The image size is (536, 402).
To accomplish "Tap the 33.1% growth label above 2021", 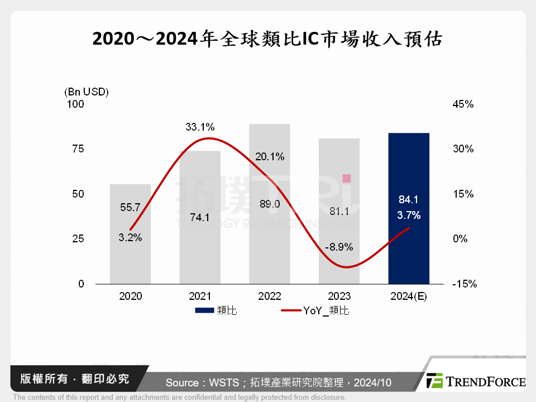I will tap(200, 127).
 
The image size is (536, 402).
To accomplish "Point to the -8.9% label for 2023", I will tap(339, 247).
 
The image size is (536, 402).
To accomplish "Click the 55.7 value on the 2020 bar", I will tap(130, 208).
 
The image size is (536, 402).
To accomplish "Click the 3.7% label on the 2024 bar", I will tap(408, 215).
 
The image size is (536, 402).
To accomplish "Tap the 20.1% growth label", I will tap(269, 157).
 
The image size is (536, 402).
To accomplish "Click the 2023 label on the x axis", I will tap(339, 296).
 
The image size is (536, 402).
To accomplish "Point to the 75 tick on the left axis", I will tap(78, 149).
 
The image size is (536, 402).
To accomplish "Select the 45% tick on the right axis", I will tap(462, 104).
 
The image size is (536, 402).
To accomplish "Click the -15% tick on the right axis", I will tap(464, 284).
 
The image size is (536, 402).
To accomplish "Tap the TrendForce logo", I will tap(476, 381).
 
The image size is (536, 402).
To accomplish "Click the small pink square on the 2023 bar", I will tap(346, 178).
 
